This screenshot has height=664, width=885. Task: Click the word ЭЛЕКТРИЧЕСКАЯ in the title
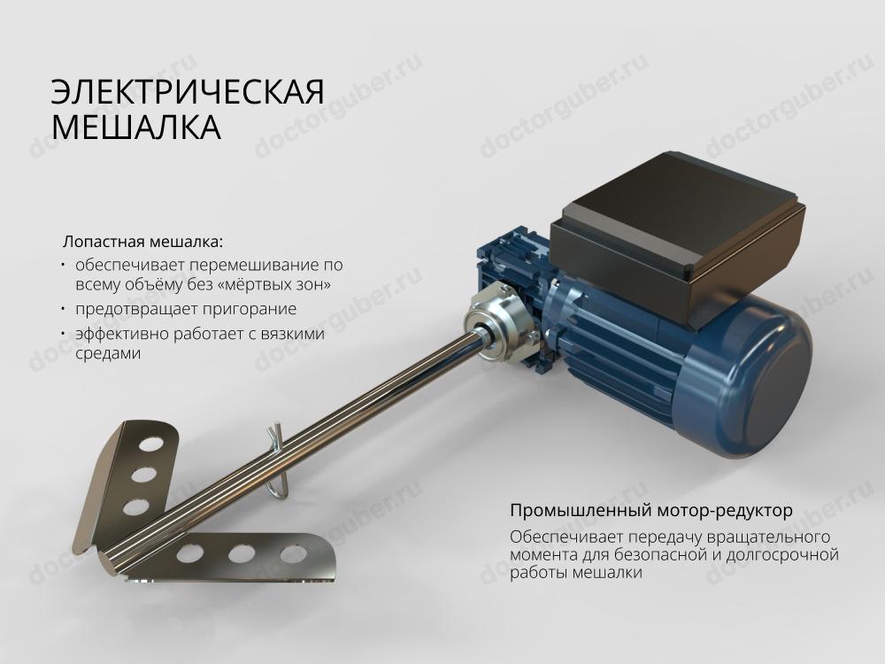[188, 92]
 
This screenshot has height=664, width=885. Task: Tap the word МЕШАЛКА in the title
[136, 127]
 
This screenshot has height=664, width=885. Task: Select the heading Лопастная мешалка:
[143, 242]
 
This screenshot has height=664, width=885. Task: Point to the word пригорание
[250, 309]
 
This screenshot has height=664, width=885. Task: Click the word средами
[108, 354]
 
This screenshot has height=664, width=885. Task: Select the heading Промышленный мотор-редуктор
[651, 511]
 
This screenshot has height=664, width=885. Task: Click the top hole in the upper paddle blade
[150, 444]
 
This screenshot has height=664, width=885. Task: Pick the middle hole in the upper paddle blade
[143, 475]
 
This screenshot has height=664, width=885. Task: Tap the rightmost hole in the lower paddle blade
[293, 554]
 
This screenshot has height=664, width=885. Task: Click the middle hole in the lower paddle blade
[241, 554]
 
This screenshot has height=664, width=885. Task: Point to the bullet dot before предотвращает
[64, 308]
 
